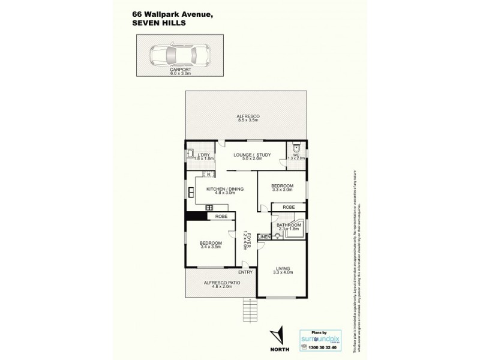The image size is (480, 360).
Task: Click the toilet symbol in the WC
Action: click(296, 148)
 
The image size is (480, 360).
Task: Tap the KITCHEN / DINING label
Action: click(225, 191)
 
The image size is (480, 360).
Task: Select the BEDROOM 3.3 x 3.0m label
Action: click(281, 188)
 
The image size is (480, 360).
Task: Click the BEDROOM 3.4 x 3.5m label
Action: click(211, 244)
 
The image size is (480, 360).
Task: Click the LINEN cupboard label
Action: click(263, 237)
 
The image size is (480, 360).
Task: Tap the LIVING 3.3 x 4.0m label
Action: click(282, 270)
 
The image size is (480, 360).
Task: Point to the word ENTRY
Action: click(245, 272)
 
